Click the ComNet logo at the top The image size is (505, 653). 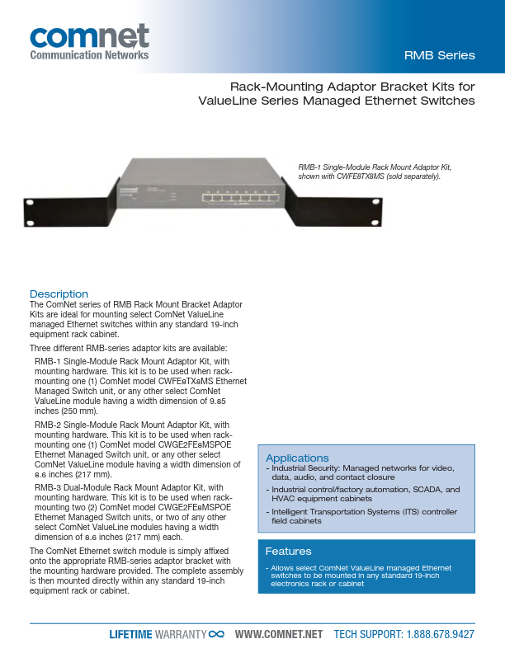click(x=89, y=37)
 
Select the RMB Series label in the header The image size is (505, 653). click(x=439, y=56)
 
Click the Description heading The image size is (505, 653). click(x=59, y=294)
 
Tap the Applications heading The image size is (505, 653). click(x=297, y=458)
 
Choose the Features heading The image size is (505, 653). click(x=288, y=551)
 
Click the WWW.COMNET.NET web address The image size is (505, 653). click(x=279, y=634)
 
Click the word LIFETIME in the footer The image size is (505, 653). click(x=131, y=634)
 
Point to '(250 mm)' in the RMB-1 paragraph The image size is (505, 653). click(x=76, y=410)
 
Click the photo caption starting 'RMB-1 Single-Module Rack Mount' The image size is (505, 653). click(x=375, y=171)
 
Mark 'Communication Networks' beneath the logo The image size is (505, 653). click(x=89, y=55)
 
